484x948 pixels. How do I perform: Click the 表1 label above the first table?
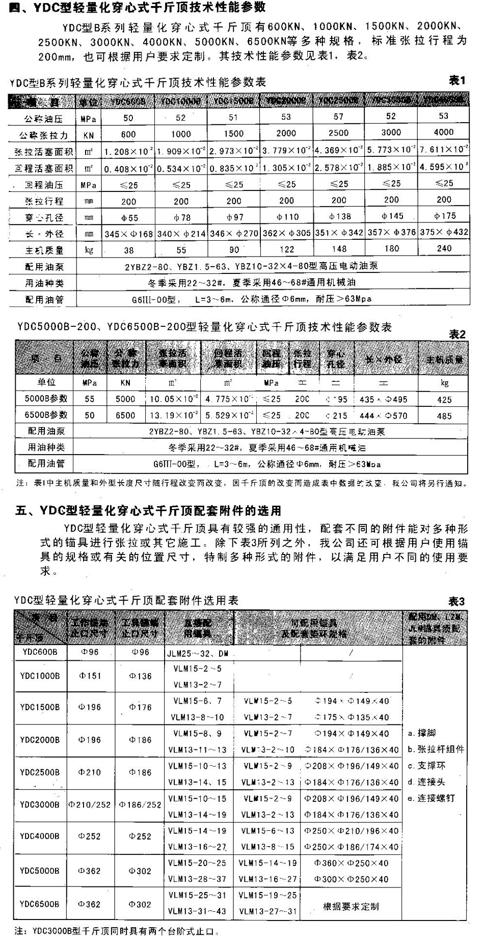click(x=456, y=80)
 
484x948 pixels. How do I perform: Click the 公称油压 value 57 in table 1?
click(x=338, y=117)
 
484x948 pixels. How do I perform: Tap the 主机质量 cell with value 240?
click(x=444, y=248)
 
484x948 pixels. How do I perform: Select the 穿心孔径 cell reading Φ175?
click(x=444, y=216)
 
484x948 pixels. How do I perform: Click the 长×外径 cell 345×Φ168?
click(x=128, y=234)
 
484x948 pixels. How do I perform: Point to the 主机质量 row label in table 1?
click(x=44, y=250)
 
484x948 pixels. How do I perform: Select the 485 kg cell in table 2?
click(x=444, y=415)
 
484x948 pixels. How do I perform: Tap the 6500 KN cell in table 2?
click(x=125, y=415)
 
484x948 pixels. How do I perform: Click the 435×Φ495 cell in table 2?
click(x=383, y=399)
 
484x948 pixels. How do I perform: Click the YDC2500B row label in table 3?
click(x=40, y=772)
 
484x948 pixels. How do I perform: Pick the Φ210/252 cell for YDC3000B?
click(x=90, y=804)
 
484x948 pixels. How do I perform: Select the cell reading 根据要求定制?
click(x=351, y=906)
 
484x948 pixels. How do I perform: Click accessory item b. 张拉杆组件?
click(x=436, y=749)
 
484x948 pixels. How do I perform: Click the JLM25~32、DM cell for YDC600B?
click(x=198, y=653)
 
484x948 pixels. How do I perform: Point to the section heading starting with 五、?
click(x=148, y=510)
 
